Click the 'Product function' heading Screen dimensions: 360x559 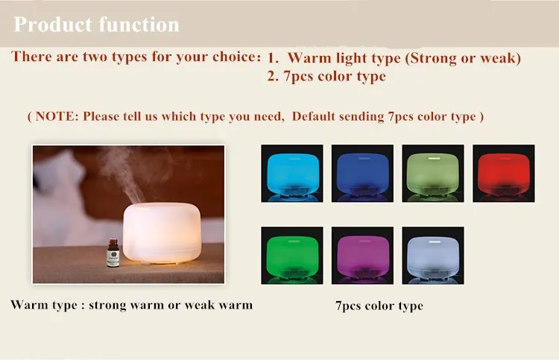click(97, 25)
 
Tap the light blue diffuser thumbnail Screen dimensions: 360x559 click(291, 173)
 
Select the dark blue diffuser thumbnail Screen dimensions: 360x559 click(362, 173)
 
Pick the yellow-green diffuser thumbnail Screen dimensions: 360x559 click(432, 173)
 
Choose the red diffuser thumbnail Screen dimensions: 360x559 click(503, 173)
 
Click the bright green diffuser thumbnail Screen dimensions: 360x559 click(291, 255)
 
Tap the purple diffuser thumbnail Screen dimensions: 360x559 click(362, 255)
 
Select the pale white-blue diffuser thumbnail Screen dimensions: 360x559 click(432, 255)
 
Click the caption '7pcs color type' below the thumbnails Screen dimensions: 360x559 click(379, 306)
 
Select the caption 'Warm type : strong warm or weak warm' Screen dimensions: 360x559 click(131, 304)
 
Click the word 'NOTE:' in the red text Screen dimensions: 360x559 click(57, 116)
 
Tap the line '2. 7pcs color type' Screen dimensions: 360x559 click(326, 76)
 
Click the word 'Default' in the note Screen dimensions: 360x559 click(317, 116)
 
